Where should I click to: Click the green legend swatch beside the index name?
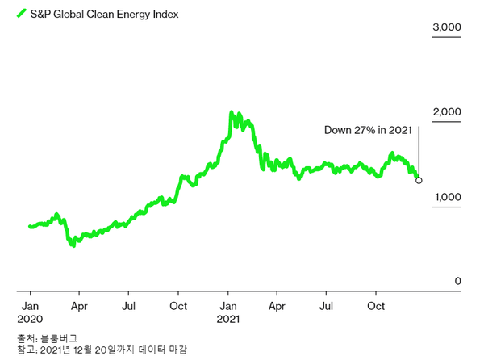[22, 14]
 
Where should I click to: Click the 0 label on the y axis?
[457, 281]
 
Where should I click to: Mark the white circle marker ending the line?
[418, 180]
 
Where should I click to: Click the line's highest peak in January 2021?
[231, 113]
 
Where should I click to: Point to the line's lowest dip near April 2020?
[73, 245]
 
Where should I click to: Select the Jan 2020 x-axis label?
[31, 307]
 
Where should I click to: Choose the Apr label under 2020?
[79, 307]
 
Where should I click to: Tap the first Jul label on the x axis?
[129, 307]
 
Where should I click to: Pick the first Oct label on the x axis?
[178, 307]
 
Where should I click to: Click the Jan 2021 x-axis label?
[228, 307]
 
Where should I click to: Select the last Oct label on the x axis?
[376, 307]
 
